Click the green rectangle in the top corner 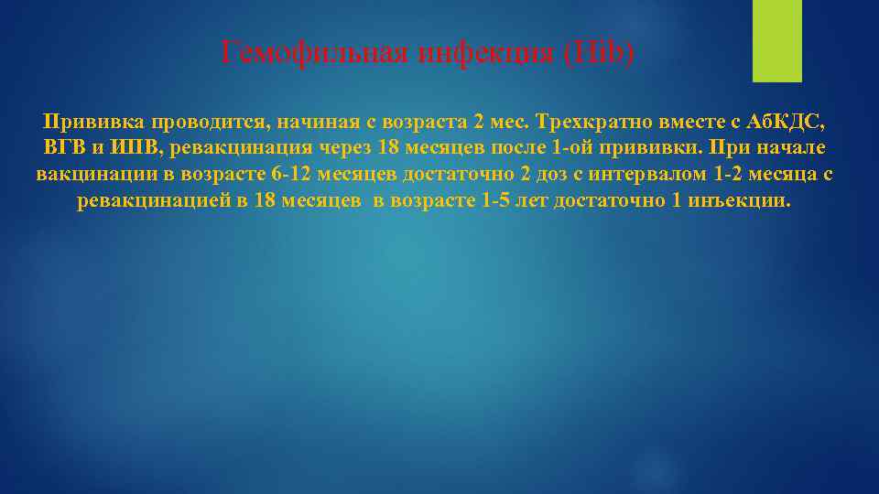(x=776, y=40)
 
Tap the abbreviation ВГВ (x=64, y=148)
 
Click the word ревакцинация (x=234, y=148)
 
